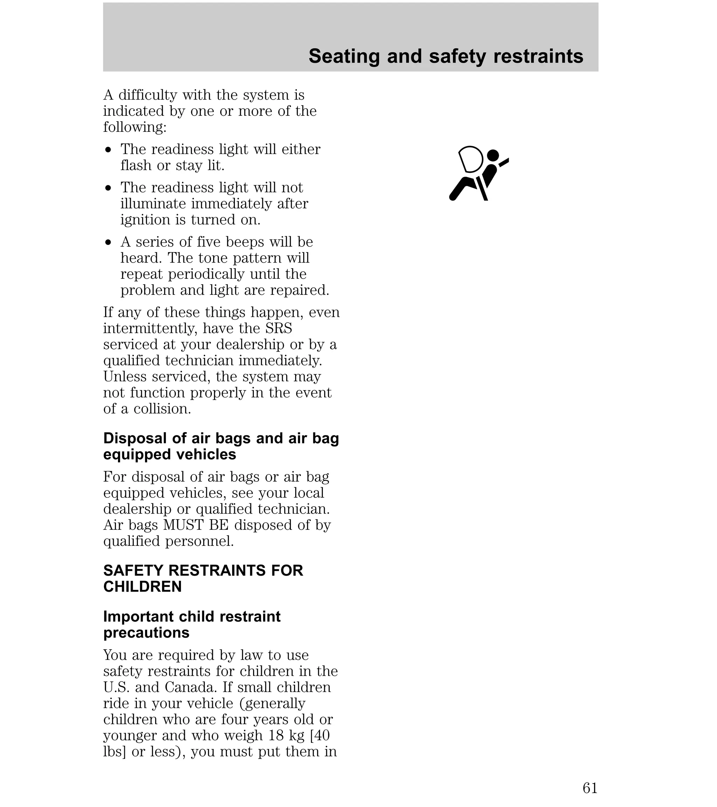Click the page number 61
[x=590, y=788]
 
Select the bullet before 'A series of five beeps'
[x=109, y=242]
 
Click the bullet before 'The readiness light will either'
[x=109, y=150]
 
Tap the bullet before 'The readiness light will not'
[x=109, y=188]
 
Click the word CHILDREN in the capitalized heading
[x=142, y=587]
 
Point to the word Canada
[x=190, y=687]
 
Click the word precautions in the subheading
[x=146, y=632]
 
